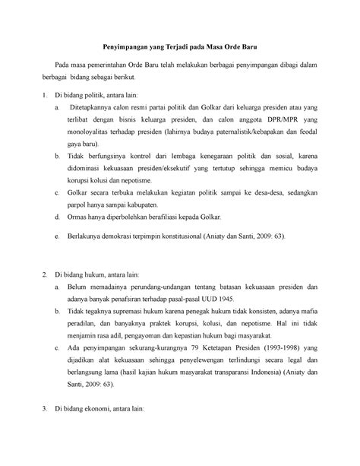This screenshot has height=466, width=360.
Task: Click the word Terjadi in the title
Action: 169,47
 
